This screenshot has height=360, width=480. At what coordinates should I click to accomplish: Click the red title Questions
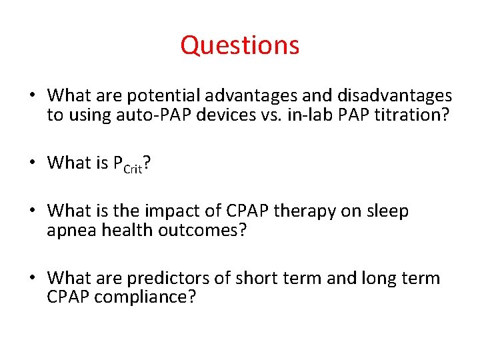(x=240, y=45)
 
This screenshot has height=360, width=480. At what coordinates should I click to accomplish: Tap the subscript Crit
(x=132, y=169)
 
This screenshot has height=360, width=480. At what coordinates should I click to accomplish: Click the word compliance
(x=145, y=297)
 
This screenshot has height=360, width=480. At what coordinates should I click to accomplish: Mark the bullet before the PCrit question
(x=32, y=163)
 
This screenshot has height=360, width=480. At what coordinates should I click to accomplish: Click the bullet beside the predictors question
(x=32, y=277)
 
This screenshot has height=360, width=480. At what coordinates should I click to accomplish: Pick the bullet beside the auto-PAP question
(x=32, y=96)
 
